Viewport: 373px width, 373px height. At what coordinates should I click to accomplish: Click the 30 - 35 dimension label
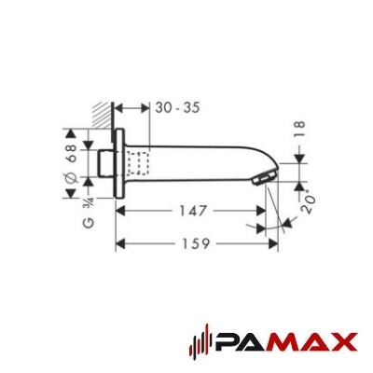pos(177,108)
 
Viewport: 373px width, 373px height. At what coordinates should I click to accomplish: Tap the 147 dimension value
pos(193,212)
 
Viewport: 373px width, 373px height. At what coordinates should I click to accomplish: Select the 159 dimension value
pos(196,243)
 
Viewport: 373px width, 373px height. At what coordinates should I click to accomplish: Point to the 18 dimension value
pos(299,130)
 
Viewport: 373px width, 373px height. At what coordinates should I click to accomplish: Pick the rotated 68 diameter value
pos(72,153)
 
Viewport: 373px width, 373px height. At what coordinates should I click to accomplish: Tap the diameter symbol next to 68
pos(71,178)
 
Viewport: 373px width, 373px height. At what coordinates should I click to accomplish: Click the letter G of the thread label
pos(90,223)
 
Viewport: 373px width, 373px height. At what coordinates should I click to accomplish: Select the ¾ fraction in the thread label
pos(90,204)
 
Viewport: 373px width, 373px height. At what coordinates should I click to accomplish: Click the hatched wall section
pos(101,115)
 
